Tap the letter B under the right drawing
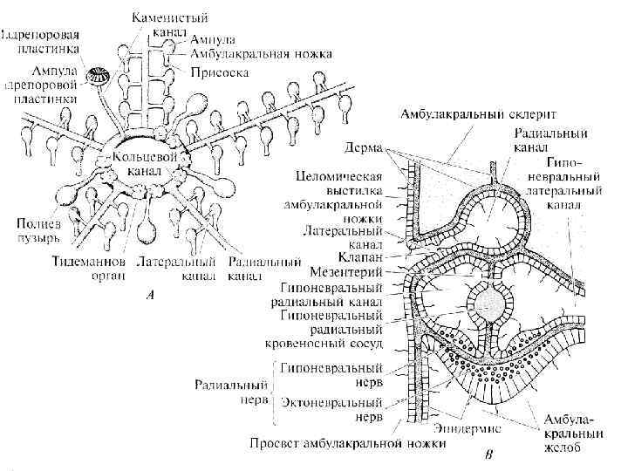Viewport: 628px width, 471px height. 488,454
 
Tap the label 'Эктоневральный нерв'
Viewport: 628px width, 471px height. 332,411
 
